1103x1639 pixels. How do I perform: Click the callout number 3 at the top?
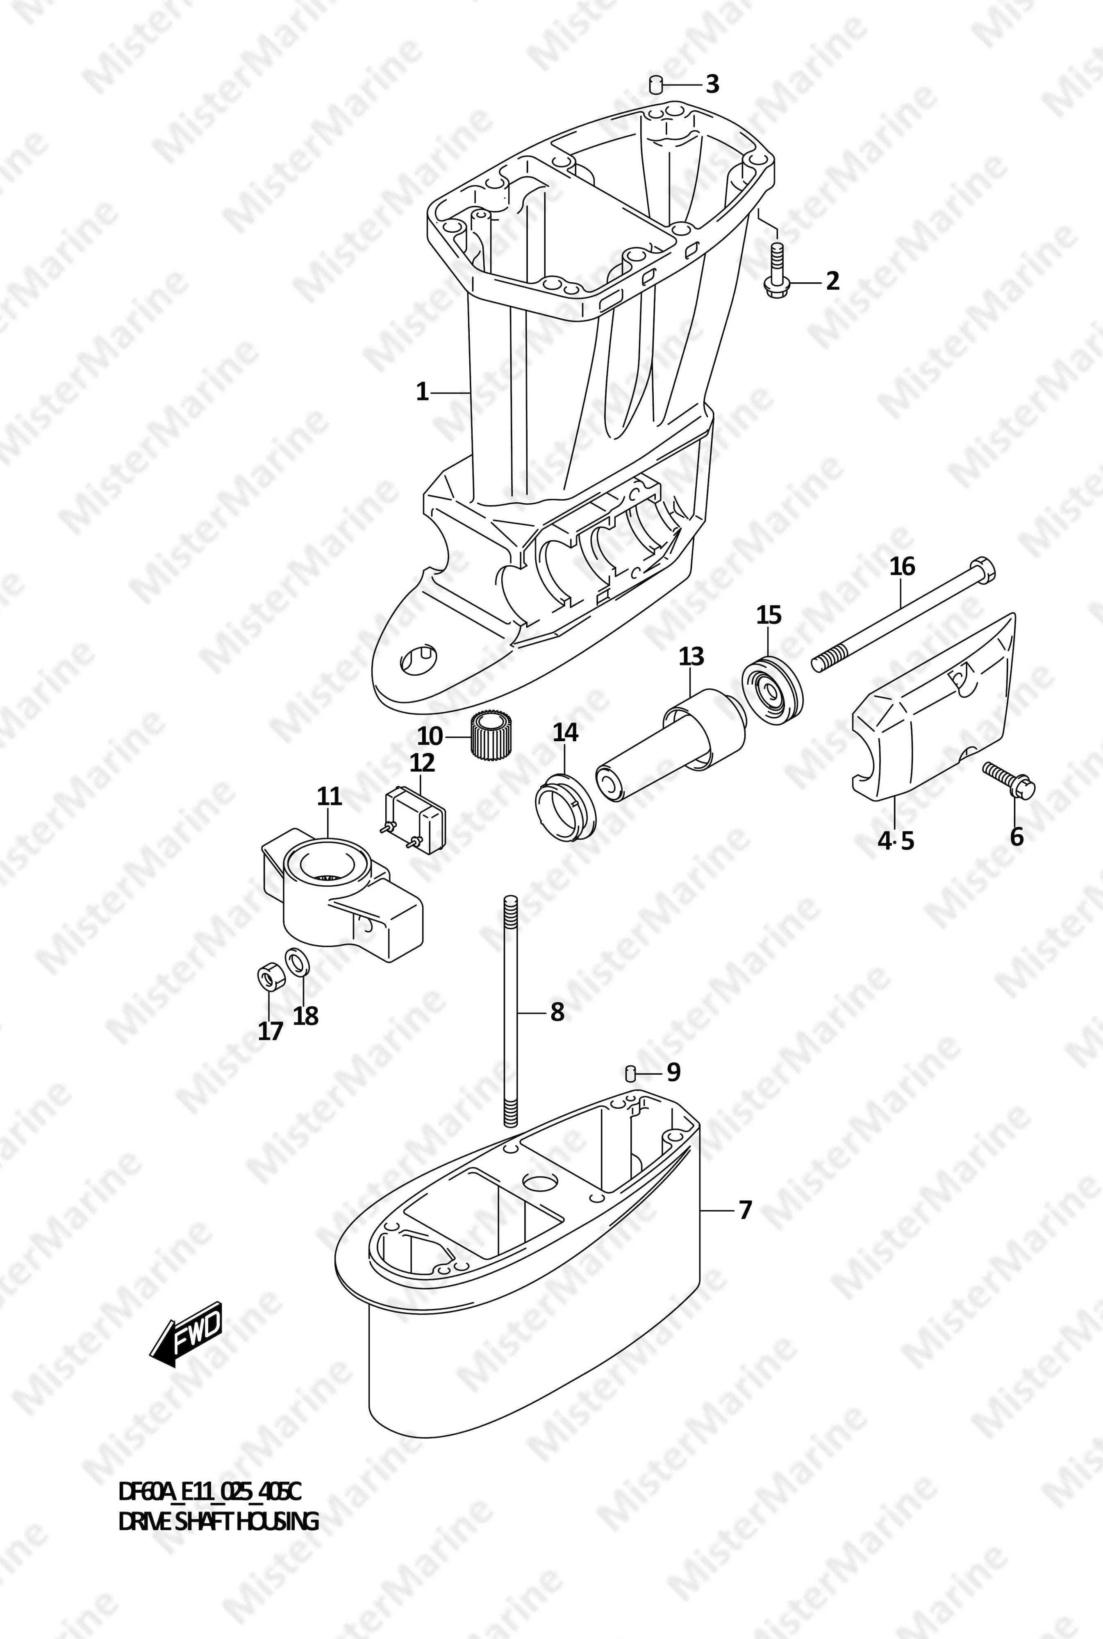[713, 85]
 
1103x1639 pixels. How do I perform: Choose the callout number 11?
[329, 797]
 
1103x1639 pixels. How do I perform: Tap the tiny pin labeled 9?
[631, 1072]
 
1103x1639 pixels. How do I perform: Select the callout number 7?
[746, 1210]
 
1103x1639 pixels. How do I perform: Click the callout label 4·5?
[896, 840]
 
